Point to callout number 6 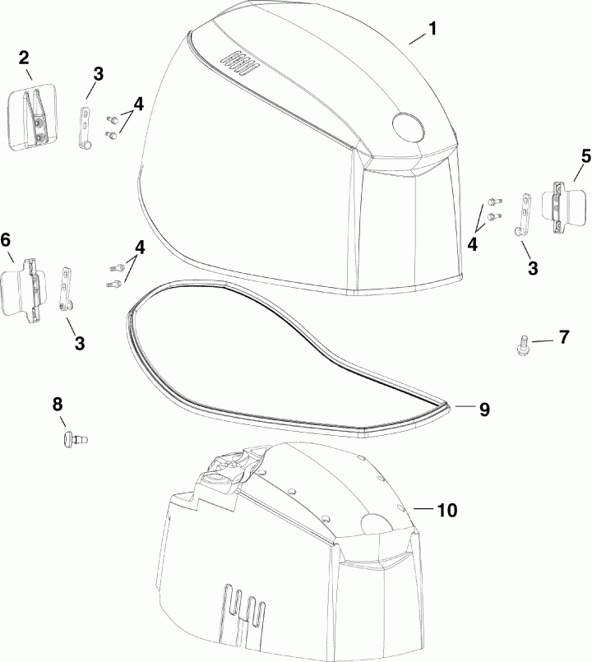click(6, 239)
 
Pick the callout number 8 click(57, 404)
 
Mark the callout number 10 click(446, 510)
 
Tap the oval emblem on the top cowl click(406, 126)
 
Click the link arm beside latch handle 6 click(68, 287)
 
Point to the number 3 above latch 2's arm click(99, 74)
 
